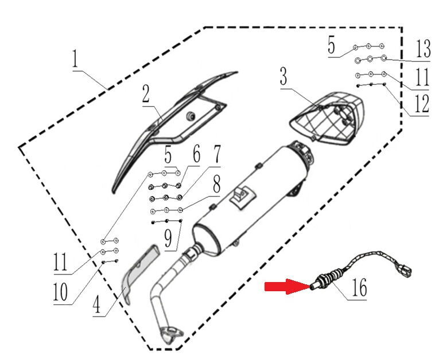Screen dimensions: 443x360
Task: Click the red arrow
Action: click(287, 287)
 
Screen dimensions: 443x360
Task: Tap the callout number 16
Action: click(359, 288)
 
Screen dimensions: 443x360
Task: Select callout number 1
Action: click(75, 58)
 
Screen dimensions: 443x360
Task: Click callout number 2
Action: click(146, 93)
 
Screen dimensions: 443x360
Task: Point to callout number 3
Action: click(283, 76)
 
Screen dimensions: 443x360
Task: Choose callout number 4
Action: click(97, 305)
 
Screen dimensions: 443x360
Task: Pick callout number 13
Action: click(423, 49)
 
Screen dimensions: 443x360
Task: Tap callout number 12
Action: click(422, 104)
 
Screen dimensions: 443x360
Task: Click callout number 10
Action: click(60, 292)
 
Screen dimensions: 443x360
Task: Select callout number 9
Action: click(168, 238)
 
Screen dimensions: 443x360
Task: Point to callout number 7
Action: click(216, 155)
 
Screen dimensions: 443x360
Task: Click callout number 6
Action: click(196, 154)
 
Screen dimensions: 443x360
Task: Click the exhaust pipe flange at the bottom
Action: click(171, 334)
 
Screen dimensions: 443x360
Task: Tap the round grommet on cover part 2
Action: click(191, 115)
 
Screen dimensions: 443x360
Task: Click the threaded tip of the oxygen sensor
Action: click(314, 287)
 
